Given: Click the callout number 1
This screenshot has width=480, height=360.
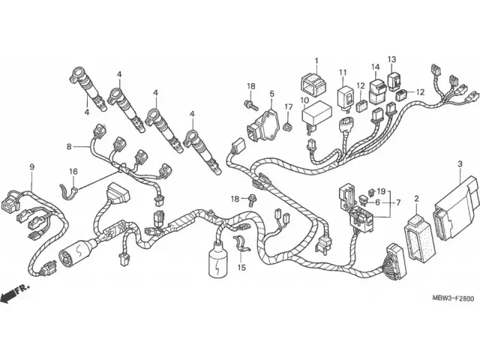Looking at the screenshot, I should coord(316,61).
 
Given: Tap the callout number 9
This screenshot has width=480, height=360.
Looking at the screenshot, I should coord(31,166).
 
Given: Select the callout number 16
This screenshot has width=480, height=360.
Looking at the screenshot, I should coord(73,172).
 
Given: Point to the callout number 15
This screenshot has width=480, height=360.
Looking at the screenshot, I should coord(241,267).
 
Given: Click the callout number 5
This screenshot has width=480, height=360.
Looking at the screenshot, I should coord(272,94).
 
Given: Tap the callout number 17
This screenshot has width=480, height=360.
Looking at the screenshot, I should coord(288,106).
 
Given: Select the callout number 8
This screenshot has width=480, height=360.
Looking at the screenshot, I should coord(69,146).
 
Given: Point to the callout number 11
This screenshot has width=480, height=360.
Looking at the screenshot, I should coord(343,73).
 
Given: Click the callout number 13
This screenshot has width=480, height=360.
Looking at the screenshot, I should coord(391,59).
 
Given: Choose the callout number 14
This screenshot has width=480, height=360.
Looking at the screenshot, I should coord(376,67).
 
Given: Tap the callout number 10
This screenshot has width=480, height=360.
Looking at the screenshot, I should coord(305,100).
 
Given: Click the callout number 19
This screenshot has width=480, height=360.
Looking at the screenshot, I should coord(381,191).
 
